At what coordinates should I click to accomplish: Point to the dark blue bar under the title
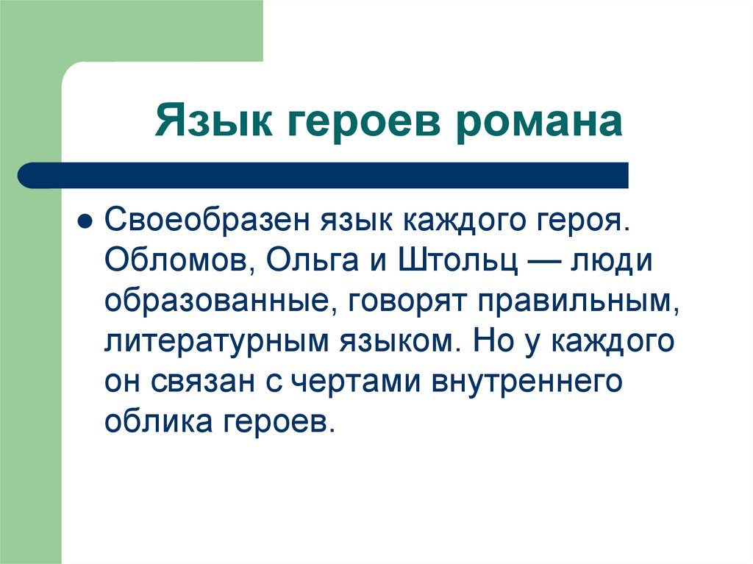pos(324,175)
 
